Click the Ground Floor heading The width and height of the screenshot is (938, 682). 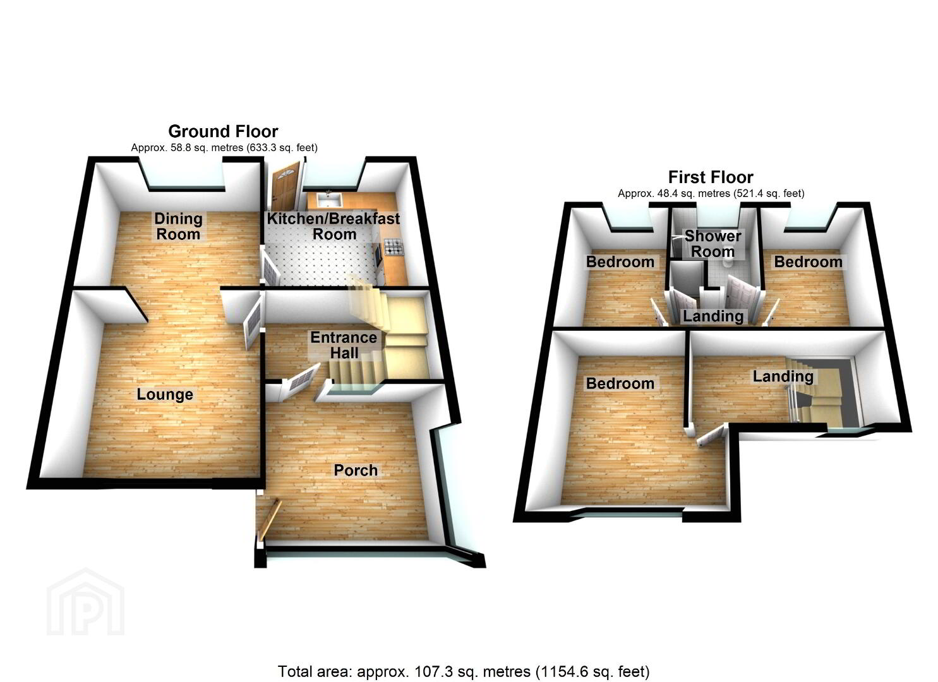coord(223,131)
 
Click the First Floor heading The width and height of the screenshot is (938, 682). coord(711,177)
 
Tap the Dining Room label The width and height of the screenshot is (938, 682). coord(178,226)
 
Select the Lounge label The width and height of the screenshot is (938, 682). coord(165,395)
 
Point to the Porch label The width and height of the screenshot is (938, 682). coord(356,470)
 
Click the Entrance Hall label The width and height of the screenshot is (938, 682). coord(344,345)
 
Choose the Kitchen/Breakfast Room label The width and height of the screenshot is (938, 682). coord(334,226)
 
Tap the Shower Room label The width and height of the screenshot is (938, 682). coord(713,244)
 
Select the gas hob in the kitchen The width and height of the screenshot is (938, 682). coord(393,247)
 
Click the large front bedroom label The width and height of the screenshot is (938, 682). coord(620,383)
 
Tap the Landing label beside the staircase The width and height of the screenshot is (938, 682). coord(783,376)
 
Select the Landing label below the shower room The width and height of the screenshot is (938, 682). coord(713,316)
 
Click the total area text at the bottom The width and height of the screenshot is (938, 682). coord(464,671)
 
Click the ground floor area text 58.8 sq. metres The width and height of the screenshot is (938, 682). coord(224,147)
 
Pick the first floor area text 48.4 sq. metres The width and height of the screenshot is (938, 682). coord(711,193)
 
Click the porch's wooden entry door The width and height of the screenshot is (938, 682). coord(269,520)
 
